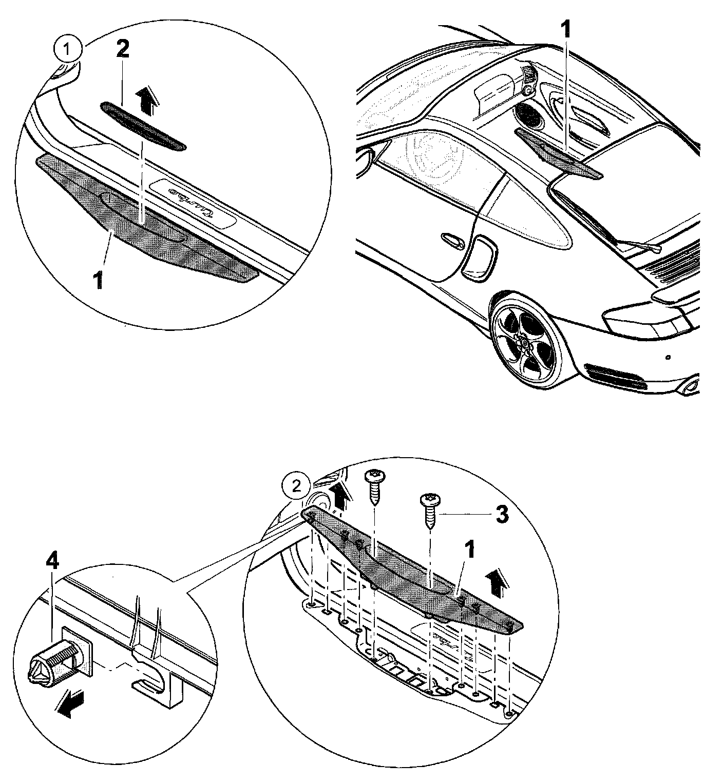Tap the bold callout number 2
coord(123,49)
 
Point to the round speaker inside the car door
coord(528,115)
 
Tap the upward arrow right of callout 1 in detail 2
coord(495,584)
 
